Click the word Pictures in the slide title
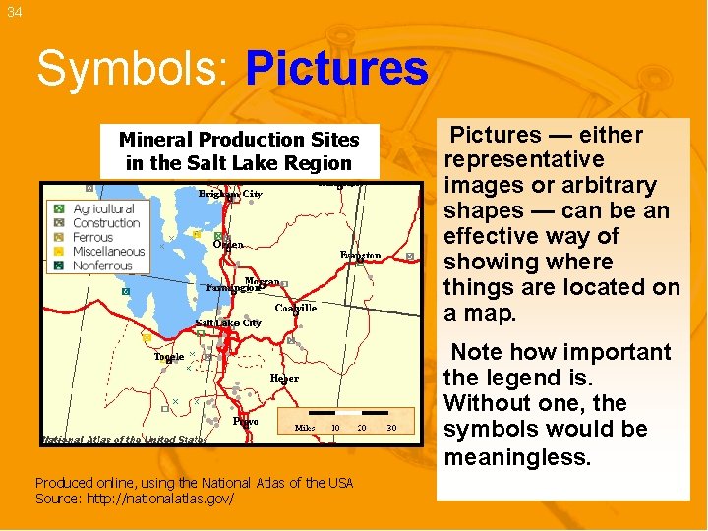tap(336, 70)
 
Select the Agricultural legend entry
tap(103, 209)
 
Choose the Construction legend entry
tap(106, 223)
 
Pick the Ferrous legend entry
tap(93, 238)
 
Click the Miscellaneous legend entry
tap(108, 252)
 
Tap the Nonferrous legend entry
tap(102, 265)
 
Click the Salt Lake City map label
tap(228, 324)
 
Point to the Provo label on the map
tap(246, 421)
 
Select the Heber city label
tap(284, 378)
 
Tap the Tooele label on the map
tap(168, 357)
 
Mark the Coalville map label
tap(295, 308)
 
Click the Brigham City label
tap(230, 195)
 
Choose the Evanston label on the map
tap(360, 256)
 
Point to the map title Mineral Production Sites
tap(239, 140)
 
